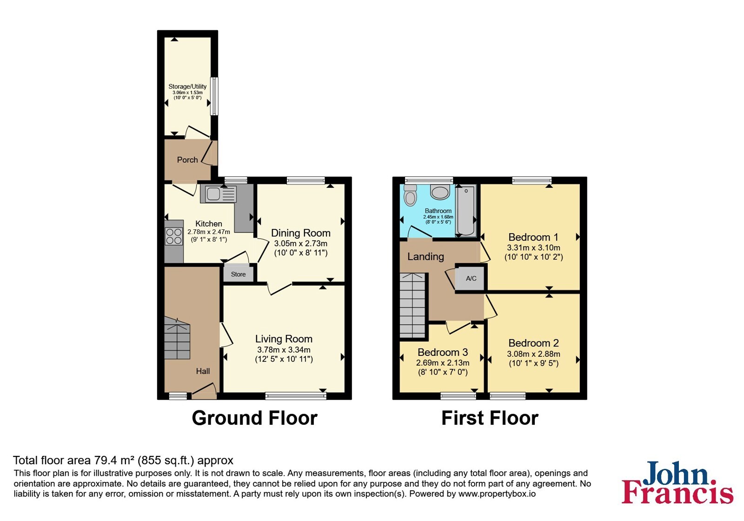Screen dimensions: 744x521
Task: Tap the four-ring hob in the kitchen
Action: click(174, 236)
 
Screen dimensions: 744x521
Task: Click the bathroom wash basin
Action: click(440, 192)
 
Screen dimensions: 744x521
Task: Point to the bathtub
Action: click(465, 211)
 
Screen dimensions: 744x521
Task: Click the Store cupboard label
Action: click(238, 274)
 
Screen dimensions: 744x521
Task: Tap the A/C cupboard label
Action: click(471, 279)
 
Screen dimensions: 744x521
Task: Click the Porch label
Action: click(187, 160)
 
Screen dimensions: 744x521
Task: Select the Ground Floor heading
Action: click(254, 418)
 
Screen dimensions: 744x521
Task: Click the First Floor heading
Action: click(490, 418)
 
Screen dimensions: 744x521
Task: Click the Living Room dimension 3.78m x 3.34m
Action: click(284, 349)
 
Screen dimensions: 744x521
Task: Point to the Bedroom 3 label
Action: click(442, 352)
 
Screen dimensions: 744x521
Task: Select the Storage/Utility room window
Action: click(215, 96)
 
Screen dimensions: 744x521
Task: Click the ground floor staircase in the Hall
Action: click(177, 338)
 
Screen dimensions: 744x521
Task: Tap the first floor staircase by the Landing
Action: click(412, 305)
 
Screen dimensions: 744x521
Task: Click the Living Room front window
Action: click(296, 395)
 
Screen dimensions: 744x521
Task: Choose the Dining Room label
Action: click(300, 233)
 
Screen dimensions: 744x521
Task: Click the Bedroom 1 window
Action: click(532, 180)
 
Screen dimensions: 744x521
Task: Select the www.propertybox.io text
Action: click(497, 494)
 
